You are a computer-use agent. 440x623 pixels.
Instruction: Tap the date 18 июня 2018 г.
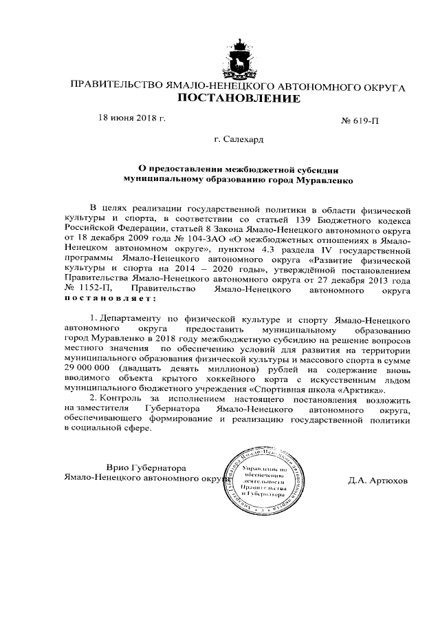tap(132, 118)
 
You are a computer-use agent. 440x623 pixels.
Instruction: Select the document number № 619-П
tap(360, 121)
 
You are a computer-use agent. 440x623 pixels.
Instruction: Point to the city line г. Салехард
tap(238, 140)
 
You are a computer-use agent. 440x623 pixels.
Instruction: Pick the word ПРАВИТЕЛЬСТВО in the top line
tap(114, 87)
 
